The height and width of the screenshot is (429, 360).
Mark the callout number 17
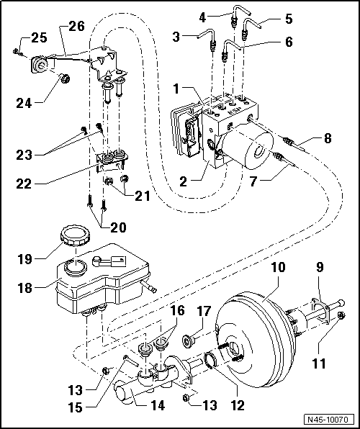click(204, 312)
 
